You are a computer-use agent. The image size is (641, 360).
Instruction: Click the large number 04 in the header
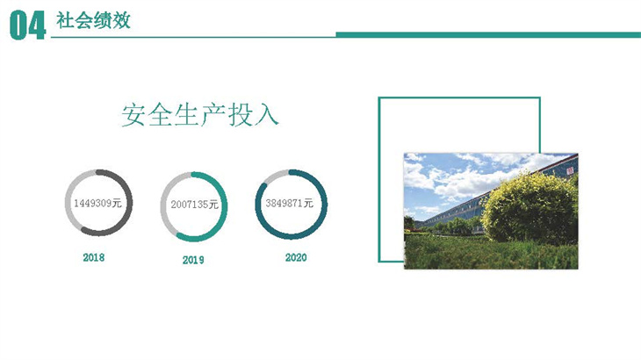tap(27, 25)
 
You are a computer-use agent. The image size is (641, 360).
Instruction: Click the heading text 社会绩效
tap(93, 20)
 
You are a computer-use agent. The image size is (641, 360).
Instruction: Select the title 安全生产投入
tap(200, 115)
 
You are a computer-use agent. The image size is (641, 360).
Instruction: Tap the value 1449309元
tap(97, 202)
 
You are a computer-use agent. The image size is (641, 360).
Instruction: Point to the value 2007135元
tap(193, 205)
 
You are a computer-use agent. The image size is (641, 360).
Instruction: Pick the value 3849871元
tap(290, 202)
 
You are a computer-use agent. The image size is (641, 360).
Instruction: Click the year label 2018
tap(94, 258)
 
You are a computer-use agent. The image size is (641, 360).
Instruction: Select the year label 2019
tap(193, 260)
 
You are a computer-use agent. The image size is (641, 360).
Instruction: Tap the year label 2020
tap(297, 258)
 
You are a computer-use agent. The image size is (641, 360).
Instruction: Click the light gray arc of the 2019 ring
tap(169, 189)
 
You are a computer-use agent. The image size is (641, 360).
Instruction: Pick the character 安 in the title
tap(134, 115)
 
